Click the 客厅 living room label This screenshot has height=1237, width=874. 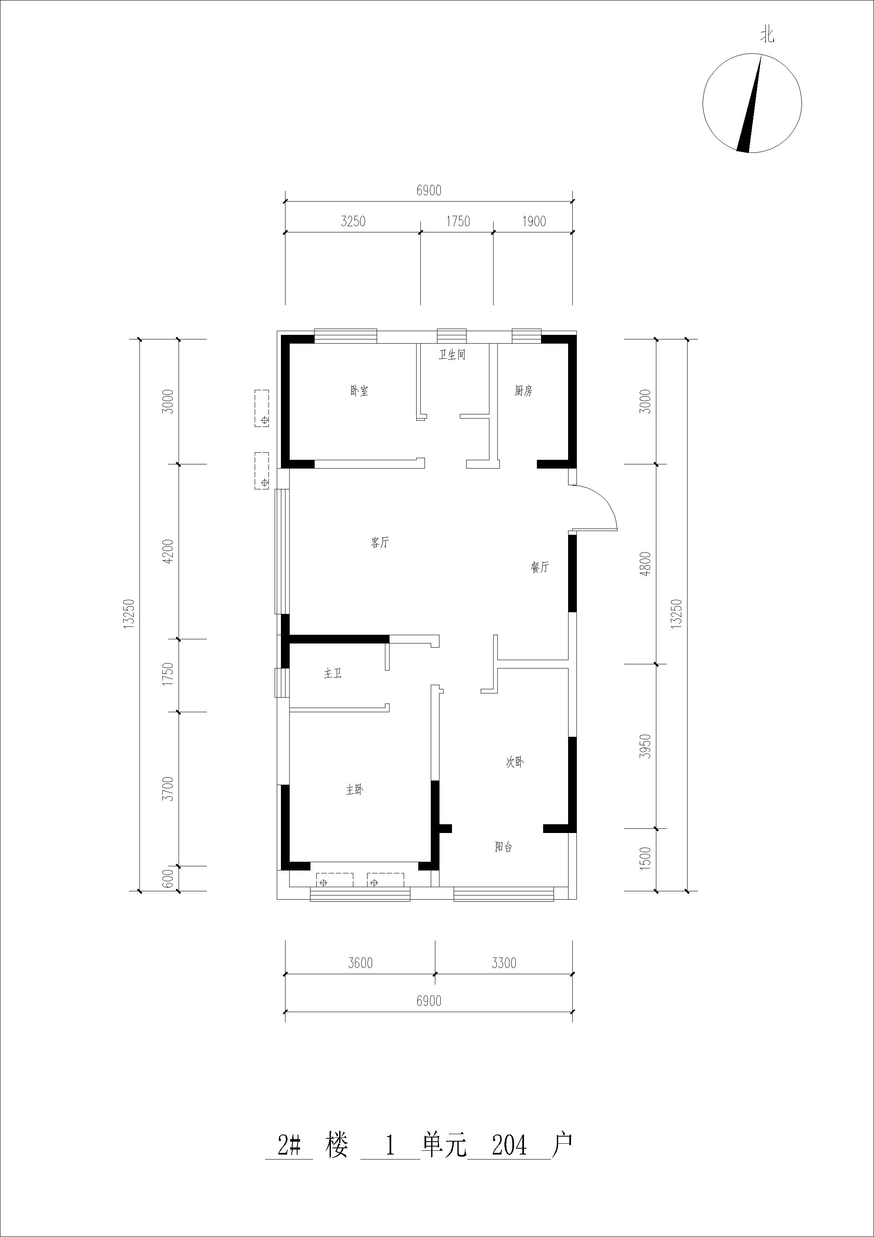(380, 543)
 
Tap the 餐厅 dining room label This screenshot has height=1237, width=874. (539, 567)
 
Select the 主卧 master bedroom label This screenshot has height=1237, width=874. (354, 790)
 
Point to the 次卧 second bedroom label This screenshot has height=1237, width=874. (515, 762)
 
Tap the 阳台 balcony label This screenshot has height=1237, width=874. (504, 847)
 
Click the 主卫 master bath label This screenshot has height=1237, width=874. (333, 673)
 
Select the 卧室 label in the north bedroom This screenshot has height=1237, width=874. (359, 391)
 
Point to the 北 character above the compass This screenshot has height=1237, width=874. (767, 35)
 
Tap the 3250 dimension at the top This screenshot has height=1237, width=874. (353, 222)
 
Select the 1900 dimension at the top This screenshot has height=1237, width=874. (534, 222)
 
